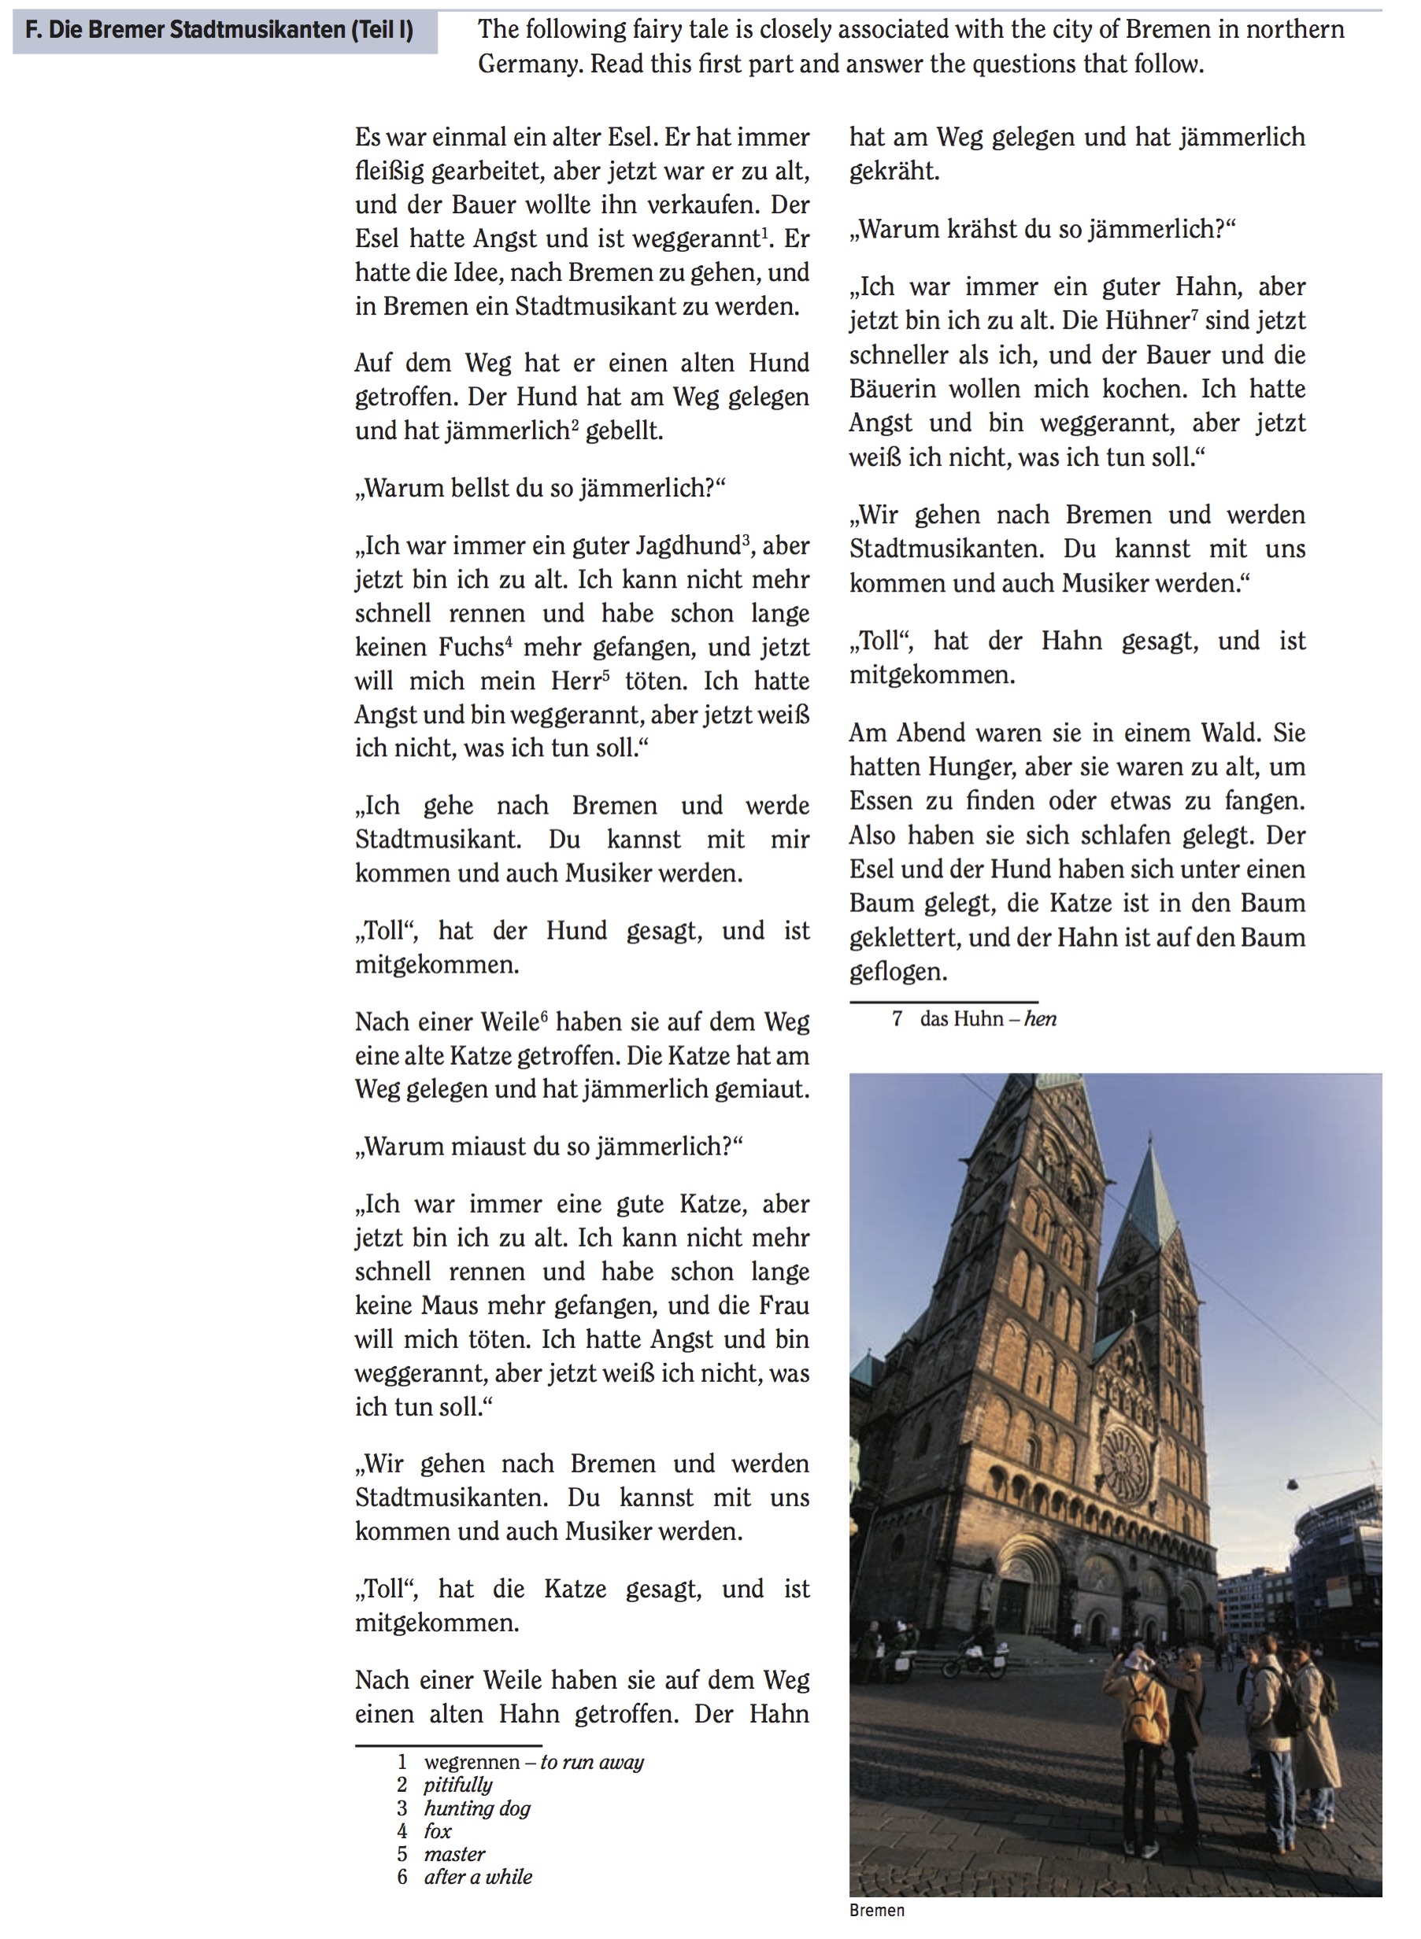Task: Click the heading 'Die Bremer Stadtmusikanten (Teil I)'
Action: (x=220, y=31)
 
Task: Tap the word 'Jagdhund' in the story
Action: (x=688, y=546)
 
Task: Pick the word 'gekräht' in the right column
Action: (x=894, y=171)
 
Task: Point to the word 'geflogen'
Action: (x=898, y=972)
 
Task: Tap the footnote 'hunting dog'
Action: (x=477, y=1808)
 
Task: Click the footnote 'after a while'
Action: (x=478, y=1877)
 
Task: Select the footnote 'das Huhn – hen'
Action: (x=987, y=1019)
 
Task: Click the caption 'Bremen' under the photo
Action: (x=876, y=1911)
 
